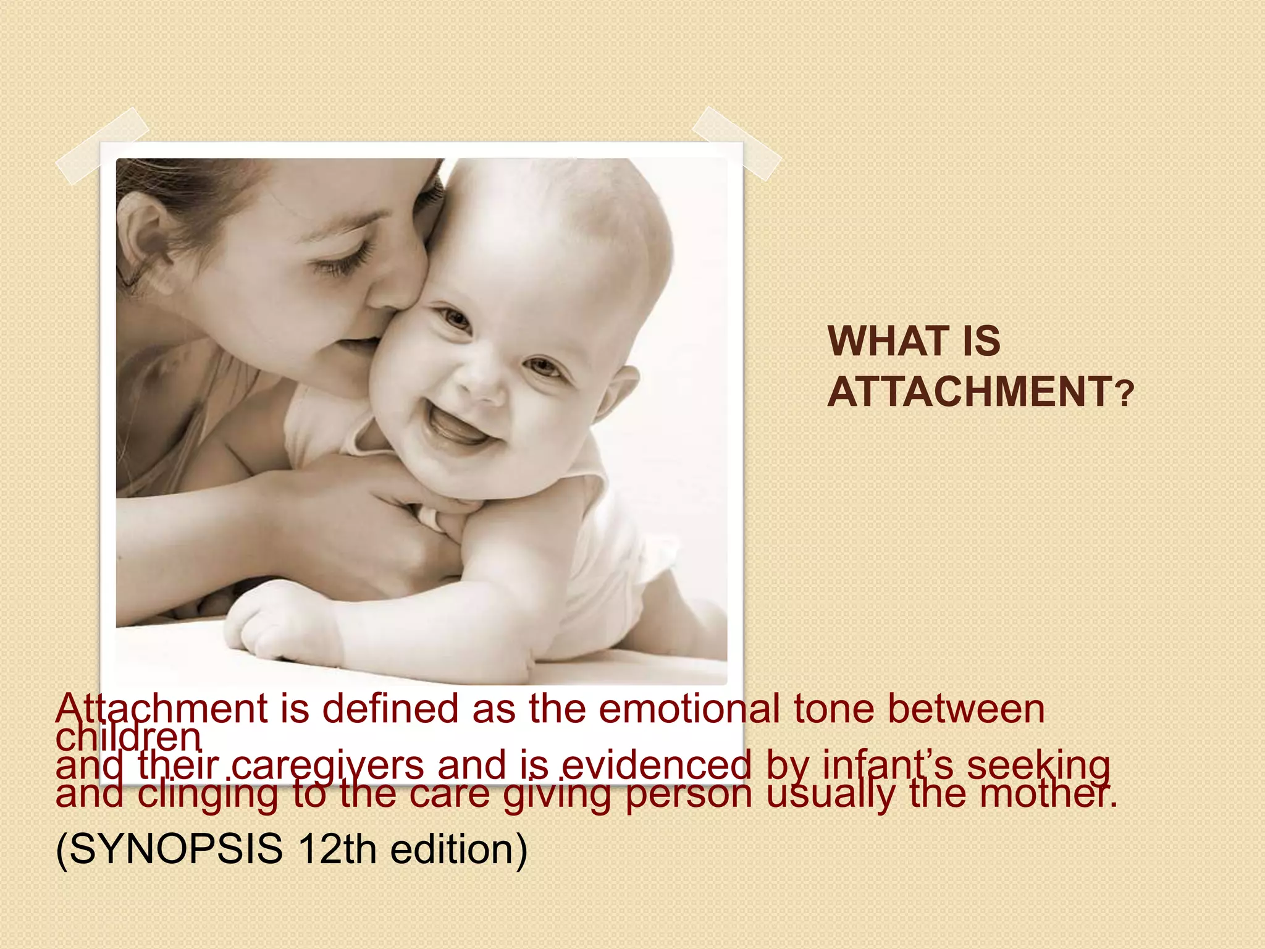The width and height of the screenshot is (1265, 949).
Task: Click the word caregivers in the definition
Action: click(x=328, y=765)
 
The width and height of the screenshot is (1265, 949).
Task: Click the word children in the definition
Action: click(x=128, y=736)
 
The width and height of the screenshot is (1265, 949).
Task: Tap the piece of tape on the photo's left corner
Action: click(x=102, y=146)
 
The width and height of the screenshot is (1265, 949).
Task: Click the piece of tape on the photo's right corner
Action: click(x=736, y=143)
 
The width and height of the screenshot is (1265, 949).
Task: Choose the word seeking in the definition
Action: click(x=1038, y=765)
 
